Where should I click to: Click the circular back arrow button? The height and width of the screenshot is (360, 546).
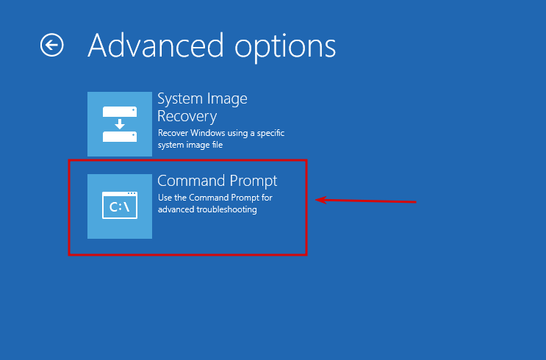coord(52,45)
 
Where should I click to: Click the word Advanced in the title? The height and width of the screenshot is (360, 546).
coord(155,46)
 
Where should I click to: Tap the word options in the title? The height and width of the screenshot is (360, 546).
coord(285,48)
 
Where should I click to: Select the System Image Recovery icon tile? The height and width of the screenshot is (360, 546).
coord(120,124)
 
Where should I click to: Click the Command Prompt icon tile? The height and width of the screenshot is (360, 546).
coord(120,206)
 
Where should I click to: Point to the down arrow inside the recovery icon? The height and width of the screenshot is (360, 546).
coord(120,124)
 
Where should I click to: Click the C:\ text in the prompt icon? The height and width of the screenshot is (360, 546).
coord(120,207)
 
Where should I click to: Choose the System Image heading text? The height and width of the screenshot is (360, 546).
coord(202,99)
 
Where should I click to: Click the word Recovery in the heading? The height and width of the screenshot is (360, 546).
coord(187,116)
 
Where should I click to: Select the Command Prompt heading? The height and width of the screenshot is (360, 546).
coord(218,181)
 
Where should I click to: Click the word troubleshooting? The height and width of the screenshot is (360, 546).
coord(226,209)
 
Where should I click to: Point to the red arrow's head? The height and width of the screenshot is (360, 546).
coord(316,200)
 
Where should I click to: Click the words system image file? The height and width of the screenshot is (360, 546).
coord(190,145)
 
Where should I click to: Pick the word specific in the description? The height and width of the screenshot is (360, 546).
coord(270,133)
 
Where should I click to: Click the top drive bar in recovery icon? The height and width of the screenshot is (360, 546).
coord(120,112)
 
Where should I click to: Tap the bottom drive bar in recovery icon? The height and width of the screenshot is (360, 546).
coord(120,137)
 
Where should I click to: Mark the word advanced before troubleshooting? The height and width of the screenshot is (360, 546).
coord(176,209)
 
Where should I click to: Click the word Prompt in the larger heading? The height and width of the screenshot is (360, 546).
coord(254,181)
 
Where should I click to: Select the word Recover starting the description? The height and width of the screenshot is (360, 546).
coord(173,133)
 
